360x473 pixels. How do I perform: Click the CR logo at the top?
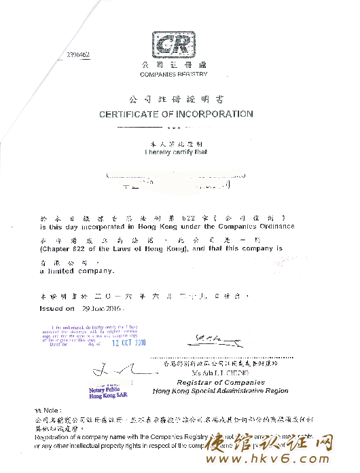175,45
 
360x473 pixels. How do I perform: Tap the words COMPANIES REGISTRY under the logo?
174,73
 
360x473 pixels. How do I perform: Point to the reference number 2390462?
78,54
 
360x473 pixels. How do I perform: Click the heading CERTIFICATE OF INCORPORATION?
176,114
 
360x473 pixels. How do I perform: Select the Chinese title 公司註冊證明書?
176,99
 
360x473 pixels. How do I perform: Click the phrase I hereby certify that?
177,152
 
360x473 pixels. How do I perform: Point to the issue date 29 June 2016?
101,308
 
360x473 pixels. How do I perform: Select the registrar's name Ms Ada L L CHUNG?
221,373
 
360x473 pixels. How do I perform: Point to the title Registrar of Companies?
221,383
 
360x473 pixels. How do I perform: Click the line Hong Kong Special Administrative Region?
221,392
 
